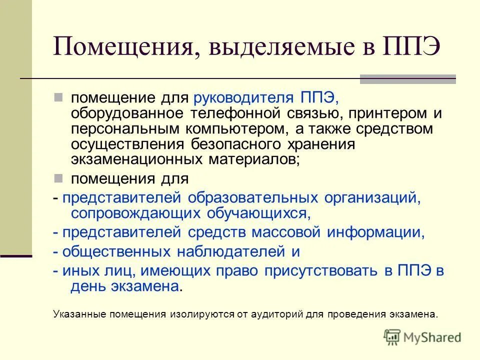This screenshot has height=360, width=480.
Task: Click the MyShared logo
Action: (422, 337)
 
